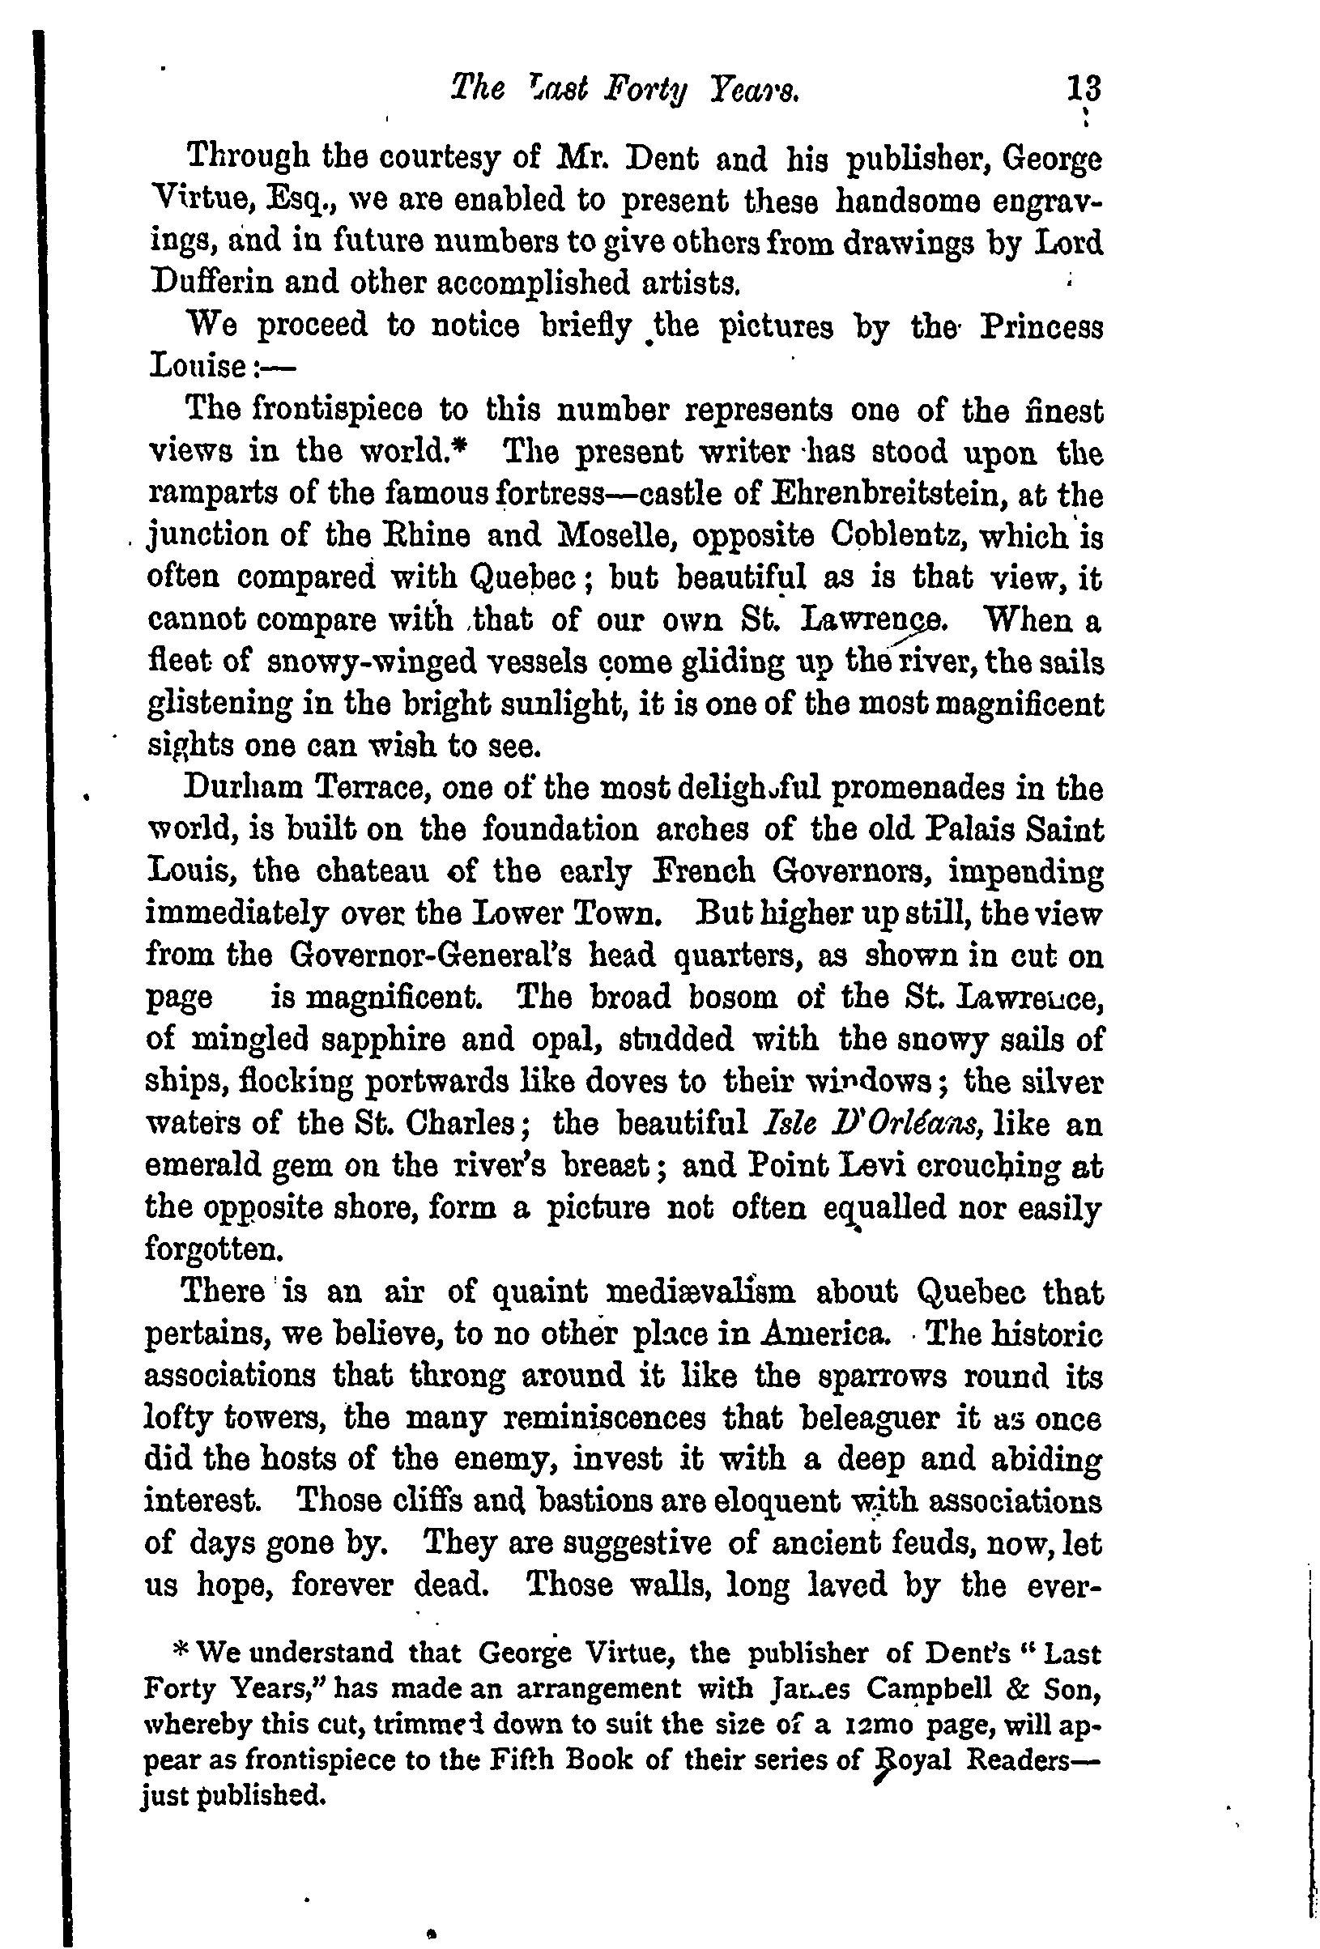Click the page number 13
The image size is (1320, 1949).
tap(1082, 88)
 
